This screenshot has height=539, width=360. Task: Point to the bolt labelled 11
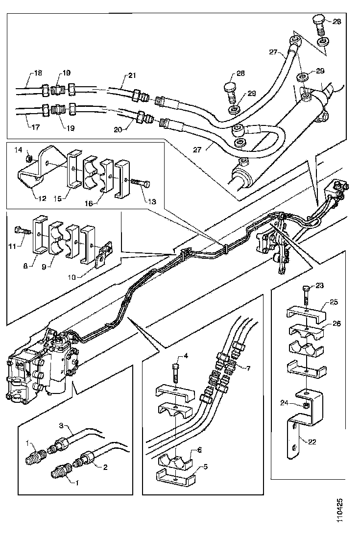click(20, 229)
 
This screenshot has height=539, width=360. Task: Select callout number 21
click(132, 75)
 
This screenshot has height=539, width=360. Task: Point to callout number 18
click(37, 73)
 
